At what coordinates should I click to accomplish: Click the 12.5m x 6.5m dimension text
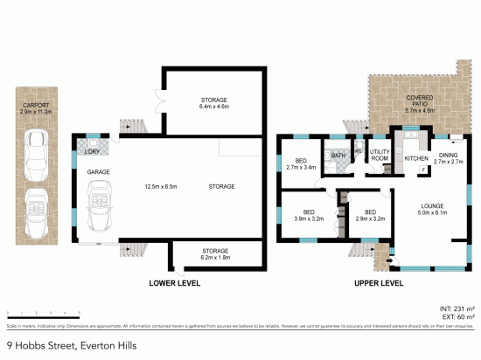tap(161, 186)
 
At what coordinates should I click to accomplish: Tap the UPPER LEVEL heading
tap(378, 284)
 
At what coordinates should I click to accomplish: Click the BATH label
tap(338, 156)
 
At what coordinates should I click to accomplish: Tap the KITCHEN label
tap(415, 158)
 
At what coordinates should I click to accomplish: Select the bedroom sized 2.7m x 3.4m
tap(301, 163)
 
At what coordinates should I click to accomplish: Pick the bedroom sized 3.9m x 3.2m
tap(308, 216)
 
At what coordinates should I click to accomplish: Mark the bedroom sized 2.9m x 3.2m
tap(371, 216)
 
